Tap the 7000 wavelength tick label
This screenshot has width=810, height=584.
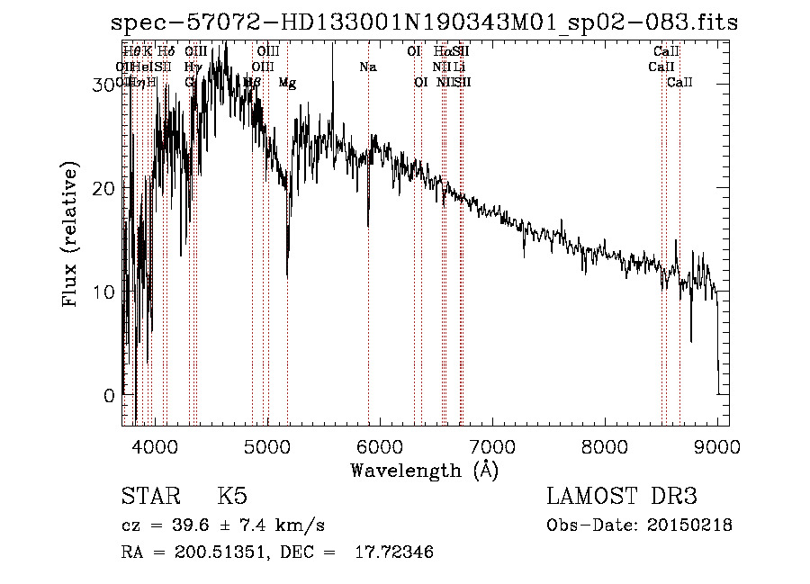[x=491, y=445]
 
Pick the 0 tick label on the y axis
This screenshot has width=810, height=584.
[x=110, y=396]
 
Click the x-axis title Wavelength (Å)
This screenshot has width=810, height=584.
[x=424, y=470]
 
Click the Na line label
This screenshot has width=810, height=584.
[x=367, y=67]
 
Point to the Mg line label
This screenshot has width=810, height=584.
[x=287, y=83]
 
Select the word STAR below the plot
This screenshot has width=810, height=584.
[x=149, y=497]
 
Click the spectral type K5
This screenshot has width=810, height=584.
[x=232, y=497]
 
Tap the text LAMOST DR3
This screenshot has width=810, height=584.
[x=622, y=497]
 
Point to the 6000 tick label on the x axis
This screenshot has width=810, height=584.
[x=379, y=445]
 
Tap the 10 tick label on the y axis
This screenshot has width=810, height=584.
[x=104, y=292]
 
